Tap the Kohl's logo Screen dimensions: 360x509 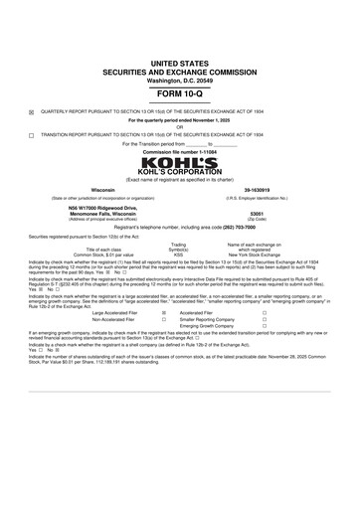(179, 163)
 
